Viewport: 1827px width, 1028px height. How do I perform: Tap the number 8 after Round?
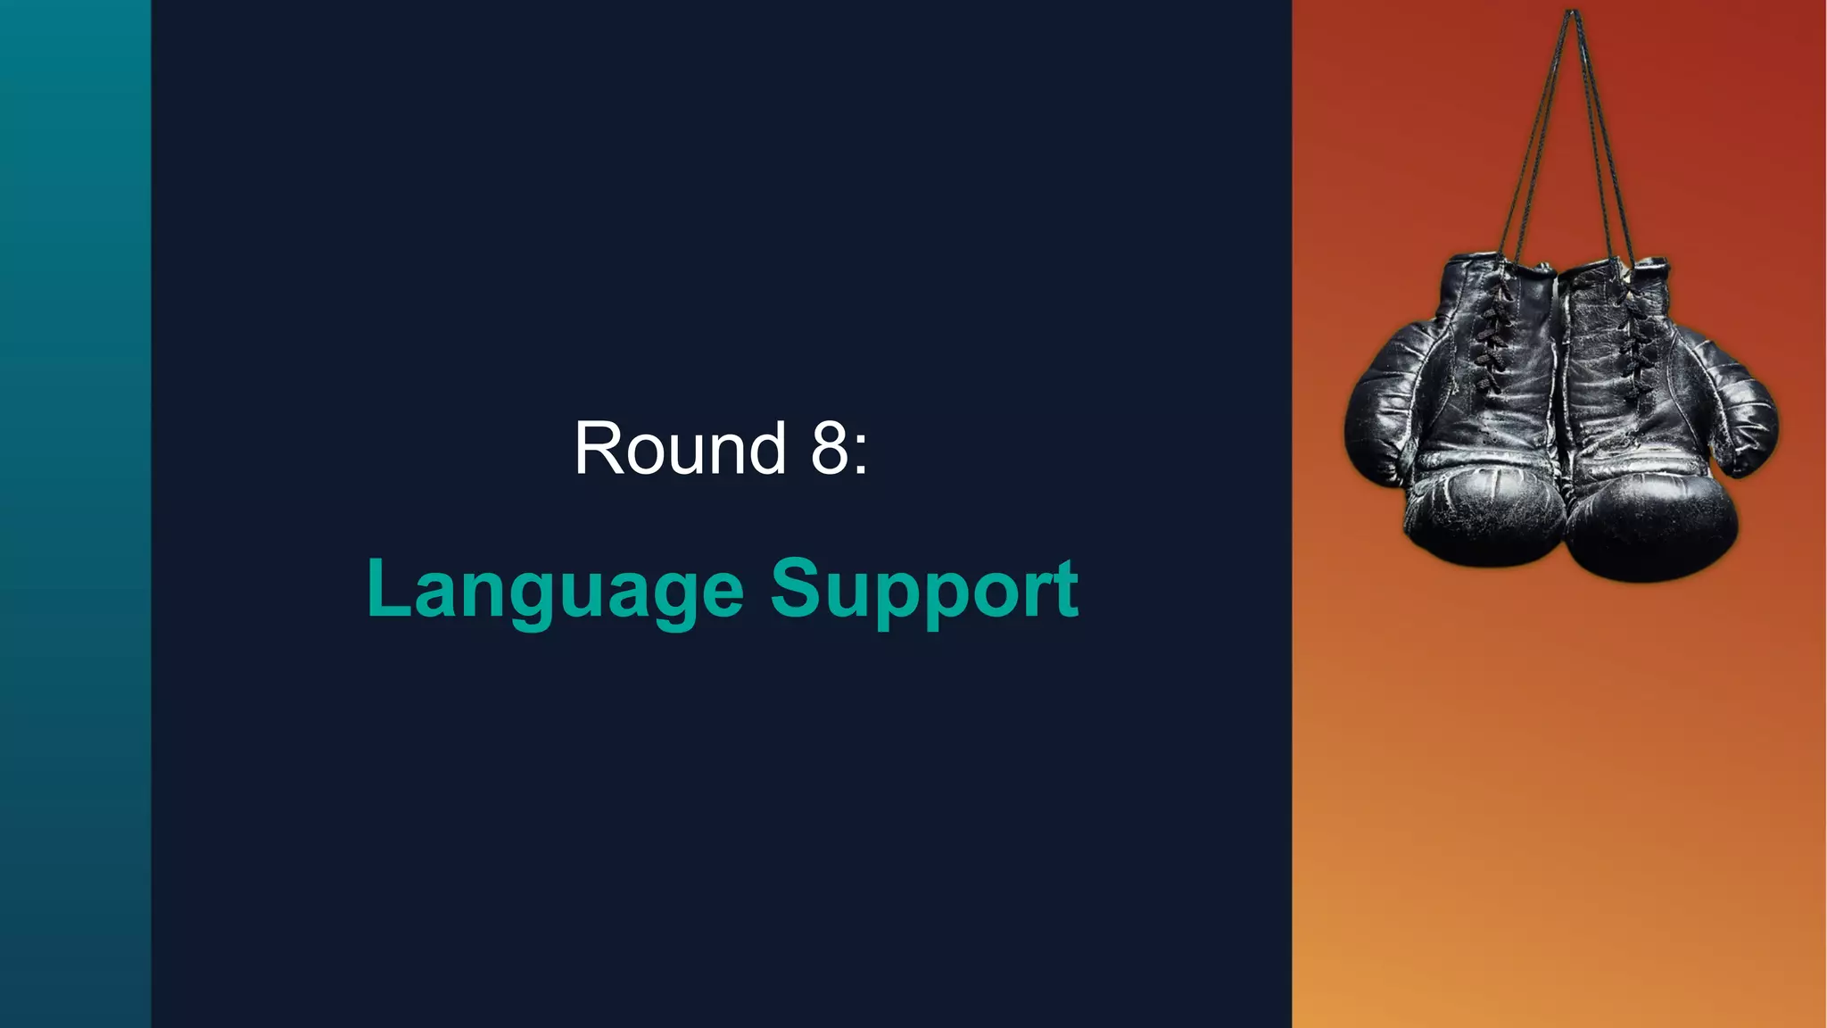click(x=829, y=448)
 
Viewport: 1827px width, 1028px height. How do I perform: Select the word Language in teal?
click(x=555, y=589)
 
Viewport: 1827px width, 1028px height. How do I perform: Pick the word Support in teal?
click(x=924, y=589)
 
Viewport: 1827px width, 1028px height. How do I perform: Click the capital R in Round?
click(x=599, y=448)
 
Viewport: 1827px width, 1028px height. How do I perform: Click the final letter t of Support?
click(x=1066, y=589)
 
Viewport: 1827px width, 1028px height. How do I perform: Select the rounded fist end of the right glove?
click(x=1650, y=531)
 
